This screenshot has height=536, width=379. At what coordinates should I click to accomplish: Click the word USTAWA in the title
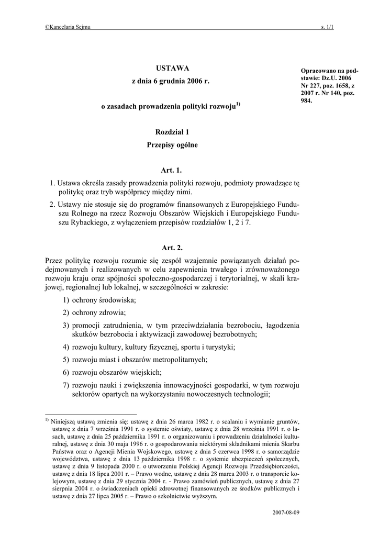[x=172, y=69]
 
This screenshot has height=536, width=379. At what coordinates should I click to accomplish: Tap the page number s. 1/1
[x=327, y=27]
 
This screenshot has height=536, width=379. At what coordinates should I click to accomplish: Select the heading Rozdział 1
[x=172, y=133]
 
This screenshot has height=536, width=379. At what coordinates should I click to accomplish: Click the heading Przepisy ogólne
[x=172, y=145]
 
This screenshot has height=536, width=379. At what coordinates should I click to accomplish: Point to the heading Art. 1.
[x=172, y=170]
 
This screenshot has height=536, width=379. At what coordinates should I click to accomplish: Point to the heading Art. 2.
[x=172, y=248]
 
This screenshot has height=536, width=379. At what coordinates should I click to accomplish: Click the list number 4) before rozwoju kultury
[x=66, y=347]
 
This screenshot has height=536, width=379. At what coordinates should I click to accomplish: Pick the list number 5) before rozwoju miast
[x=66, y=360]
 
